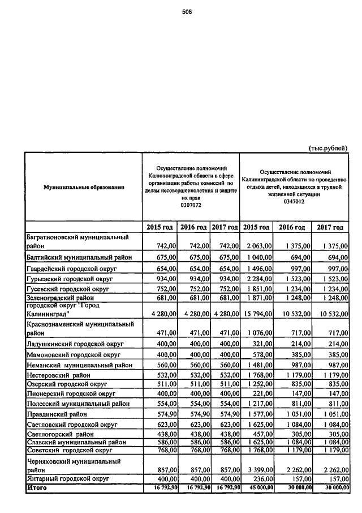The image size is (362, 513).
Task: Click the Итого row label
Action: tap(37, 487)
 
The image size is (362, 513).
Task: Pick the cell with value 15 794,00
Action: tap(258, 315)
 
